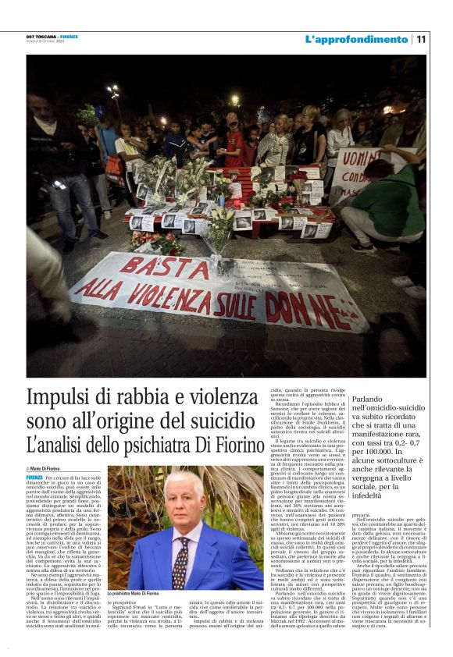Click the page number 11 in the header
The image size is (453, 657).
click(x=421, y=39)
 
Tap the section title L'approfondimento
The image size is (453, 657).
click(x=355, y=39)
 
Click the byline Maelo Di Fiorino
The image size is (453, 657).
click(x=47, y=468)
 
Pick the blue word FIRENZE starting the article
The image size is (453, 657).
click(x=34, y=478)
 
